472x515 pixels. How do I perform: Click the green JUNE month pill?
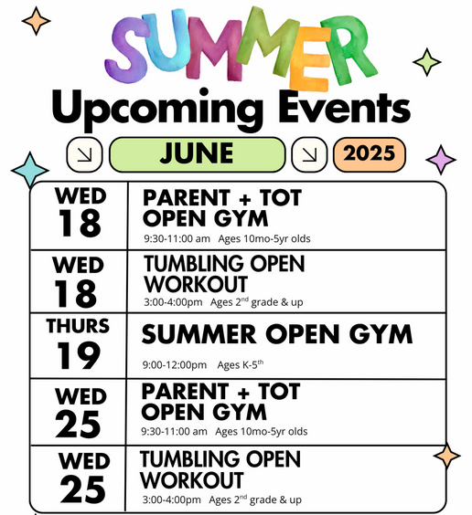[197, 154]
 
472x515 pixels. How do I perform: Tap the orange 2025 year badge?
[370, 154]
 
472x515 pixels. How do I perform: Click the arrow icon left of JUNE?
[84, 154]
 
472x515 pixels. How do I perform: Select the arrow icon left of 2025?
[309, 154]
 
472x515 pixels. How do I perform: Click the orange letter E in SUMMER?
[309, 59]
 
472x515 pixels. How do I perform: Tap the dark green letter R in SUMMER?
[349, 49]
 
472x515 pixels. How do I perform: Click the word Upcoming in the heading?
[158, 109]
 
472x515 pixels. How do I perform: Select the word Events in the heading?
[345, 106]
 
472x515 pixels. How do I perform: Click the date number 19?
[79, 355]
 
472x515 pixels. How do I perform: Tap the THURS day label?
[78, 326]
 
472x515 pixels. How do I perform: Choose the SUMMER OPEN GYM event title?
[277, 334]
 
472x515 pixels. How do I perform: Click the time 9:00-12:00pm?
[175, 365]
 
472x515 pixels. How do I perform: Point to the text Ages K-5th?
[240, 364]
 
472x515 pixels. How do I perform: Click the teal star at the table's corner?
[30, 170]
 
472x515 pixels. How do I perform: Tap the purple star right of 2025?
[441, 160]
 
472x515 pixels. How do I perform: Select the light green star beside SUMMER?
[427, 62]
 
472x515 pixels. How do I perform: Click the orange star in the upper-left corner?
[37, 21]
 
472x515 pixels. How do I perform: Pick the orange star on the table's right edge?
[447, 456]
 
